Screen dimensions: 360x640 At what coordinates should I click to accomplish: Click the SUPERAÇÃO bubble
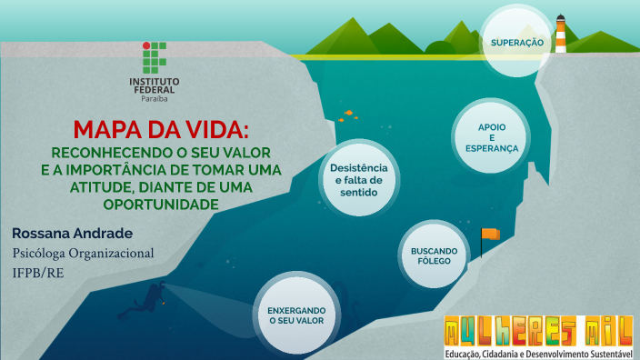(x=516, y=43)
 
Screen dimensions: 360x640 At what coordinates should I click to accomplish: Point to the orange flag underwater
(x=490, y=235)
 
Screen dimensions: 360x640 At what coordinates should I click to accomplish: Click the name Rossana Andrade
(x=73, y=233)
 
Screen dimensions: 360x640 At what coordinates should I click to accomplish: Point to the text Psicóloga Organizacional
(x=83, y=253)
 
